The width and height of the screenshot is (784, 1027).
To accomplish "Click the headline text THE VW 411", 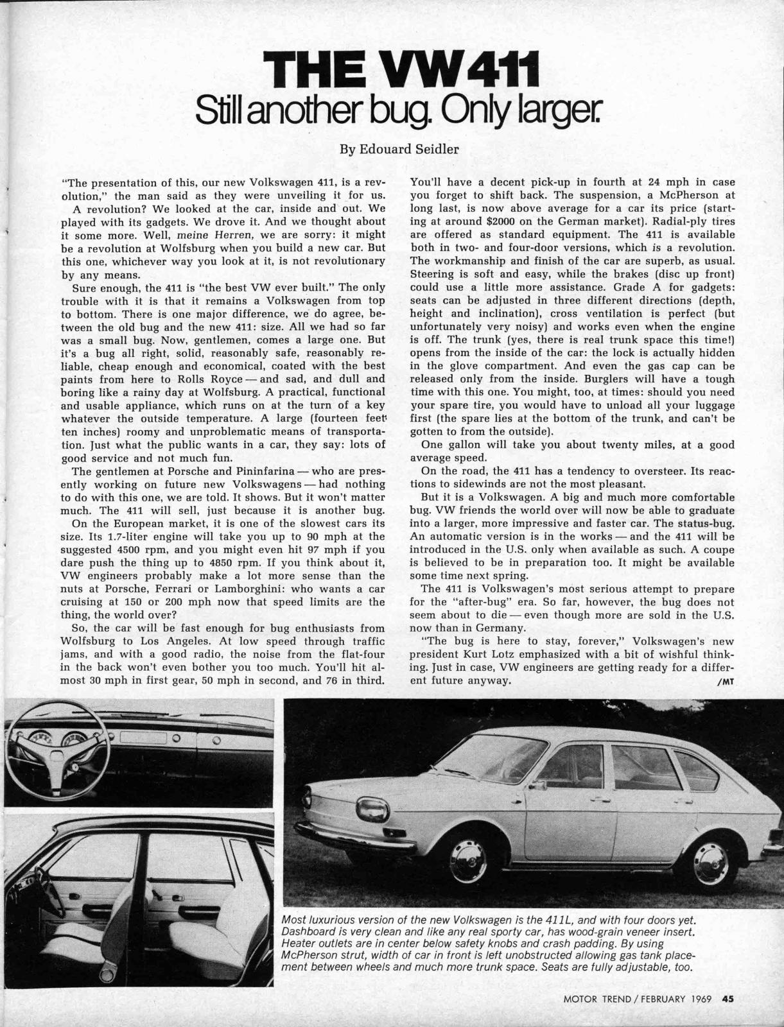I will coord(401,72).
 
